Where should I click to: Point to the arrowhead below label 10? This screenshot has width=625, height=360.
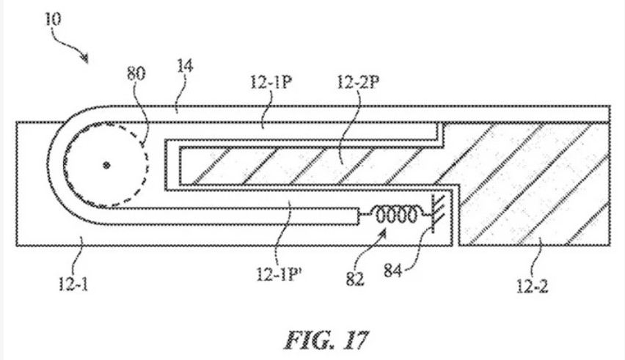tap(86, 59)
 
